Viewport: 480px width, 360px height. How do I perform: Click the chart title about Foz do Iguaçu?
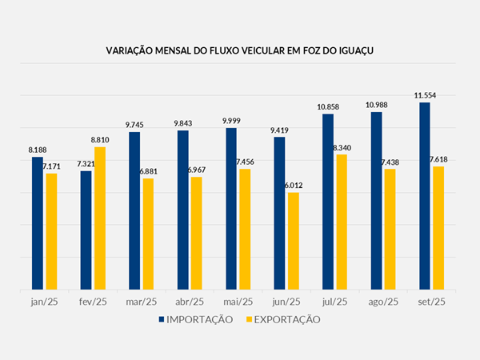240,50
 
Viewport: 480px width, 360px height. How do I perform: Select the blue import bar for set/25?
424,196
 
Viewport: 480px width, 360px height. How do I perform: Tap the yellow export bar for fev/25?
100,218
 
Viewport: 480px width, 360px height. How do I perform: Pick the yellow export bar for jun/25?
294,241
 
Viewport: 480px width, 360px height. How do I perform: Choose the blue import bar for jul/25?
328,202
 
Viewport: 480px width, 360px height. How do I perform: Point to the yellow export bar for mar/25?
148,234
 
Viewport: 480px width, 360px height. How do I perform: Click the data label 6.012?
294,186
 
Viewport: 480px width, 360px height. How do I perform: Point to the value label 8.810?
101,140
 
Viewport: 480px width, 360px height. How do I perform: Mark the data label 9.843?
183,123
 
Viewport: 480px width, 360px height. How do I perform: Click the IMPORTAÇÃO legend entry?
196,319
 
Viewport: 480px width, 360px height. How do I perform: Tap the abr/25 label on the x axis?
190,302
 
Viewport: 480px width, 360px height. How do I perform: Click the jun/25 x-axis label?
286,302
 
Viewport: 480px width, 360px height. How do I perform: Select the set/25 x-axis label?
431,302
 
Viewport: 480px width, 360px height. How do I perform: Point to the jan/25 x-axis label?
44,302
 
